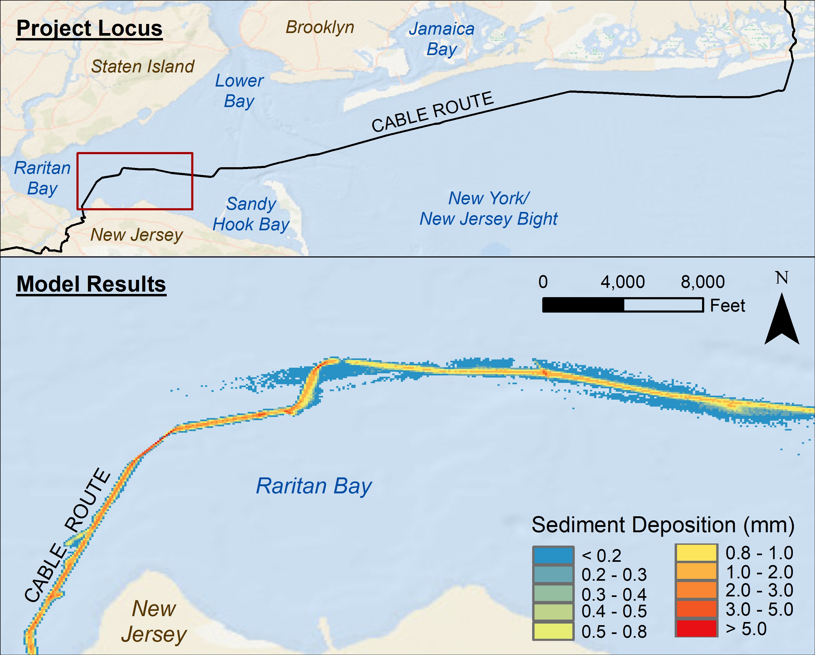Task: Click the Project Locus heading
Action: coord(89,28)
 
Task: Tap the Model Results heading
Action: coord(91,284)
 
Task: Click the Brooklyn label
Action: coord(320,27)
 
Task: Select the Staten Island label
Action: coord(142,67)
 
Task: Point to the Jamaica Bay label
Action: coord(442,39)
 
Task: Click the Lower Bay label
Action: coord(239,91)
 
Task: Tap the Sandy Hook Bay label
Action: coord(251,214)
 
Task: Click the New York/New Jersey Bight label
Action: coord(488,208)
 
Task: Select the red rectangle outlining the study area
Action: coord(135,153)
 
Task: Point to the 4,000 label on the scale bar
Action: coord(623,282)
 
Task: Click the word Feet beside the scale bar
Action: coord(727,305)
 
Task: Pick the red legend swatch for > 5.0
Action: coord(696,629)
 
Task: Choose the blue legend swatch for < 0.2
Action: coord(553,555)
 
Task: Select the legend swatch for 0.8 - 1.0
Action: coord(696,553)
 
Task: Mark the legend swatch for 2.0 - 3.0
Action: coord(696,590)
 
